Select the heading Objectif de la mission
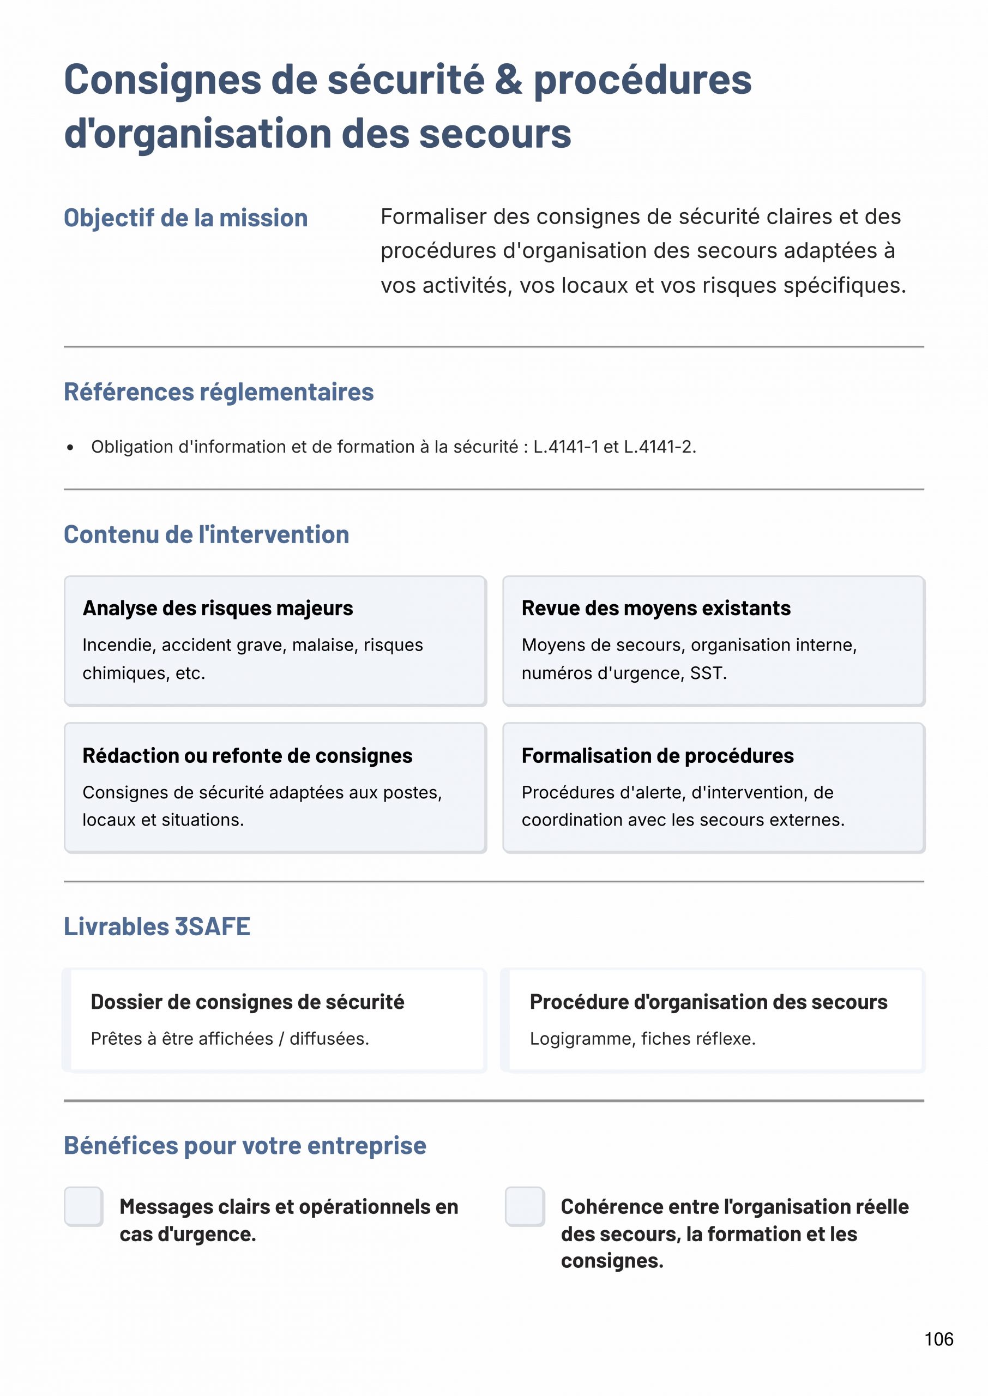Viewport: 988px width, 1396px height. (185, 218)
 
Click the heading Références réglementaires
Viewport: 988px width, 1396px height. (219, 392)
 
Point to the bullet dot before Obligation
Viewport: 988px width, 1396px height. (70, 448)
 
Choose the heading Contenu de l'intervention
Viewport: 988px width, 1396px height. (206, 534)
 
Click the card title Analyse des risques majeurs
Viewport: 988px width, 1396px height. (218, 608)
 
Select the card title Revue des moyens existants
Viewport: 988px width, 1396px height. (656, 608)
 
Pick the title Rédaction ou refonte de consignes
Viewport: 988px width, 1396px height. (247, 755)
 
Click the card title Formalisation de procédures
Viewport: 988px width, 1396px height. (657, 755)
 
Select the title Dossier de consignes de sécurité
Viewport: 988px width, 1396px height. (247, 1002)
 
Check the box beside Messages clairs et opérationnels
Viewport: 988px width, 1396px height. (83, 1206)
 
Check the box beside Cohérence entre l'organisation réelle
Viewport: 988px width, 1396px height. (525, 1206)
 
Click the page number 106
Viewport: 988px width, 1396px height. (939, 1339)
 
